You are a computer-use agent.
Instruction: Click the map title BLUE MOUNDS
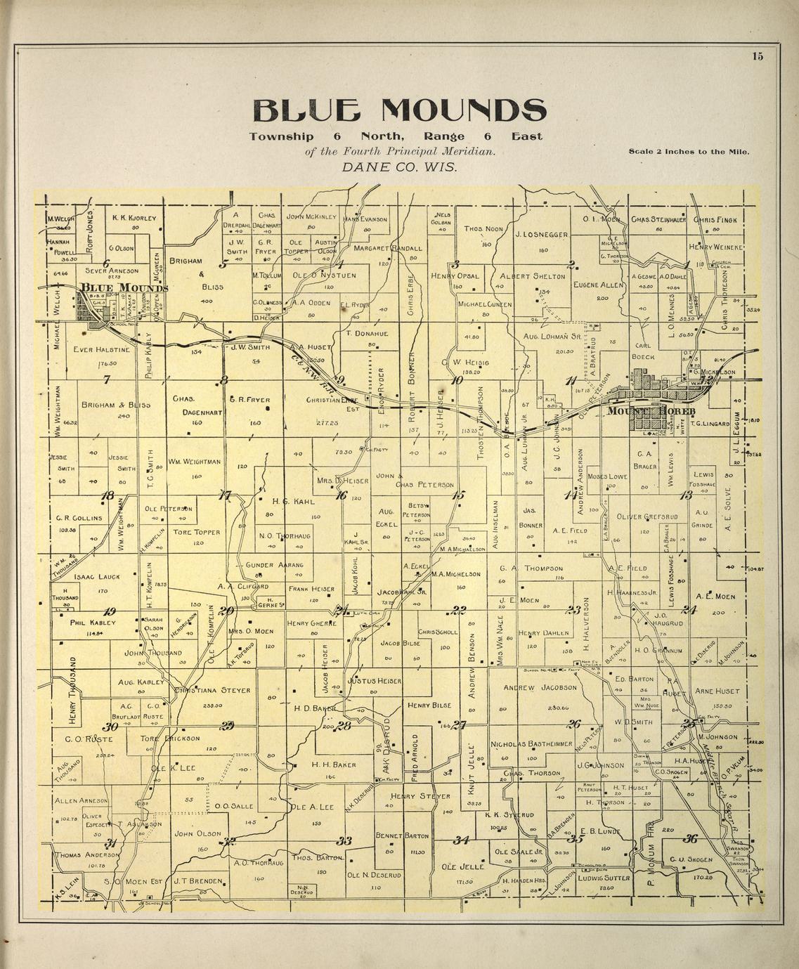398,110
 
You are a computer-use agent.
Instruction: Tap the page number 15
756,58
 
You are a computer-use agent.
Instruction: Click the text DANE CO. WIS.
398,167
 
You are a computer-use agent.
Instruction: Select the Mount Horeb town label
651,411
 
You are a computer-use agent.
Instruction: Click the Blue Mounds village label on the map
124,287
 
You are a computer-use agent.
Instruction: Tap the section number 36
690,838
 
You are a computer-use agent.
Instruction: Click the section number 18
108,495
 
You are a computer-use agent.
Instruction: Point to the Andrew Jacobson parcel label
539,687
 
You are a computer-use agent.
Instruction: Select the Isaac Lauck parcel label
97,576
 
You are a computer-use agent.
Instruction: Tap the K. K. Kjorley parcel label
134,218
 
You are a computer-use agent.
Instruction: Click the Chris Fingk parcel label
715,219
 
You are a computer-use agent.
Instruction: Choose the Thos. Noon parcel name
483,228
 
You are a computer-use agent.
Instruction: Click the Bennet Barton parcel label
403,836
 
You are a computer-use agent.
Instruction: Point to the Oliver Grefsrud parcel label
647,516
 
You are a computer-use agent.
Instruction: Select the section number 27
460,725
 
